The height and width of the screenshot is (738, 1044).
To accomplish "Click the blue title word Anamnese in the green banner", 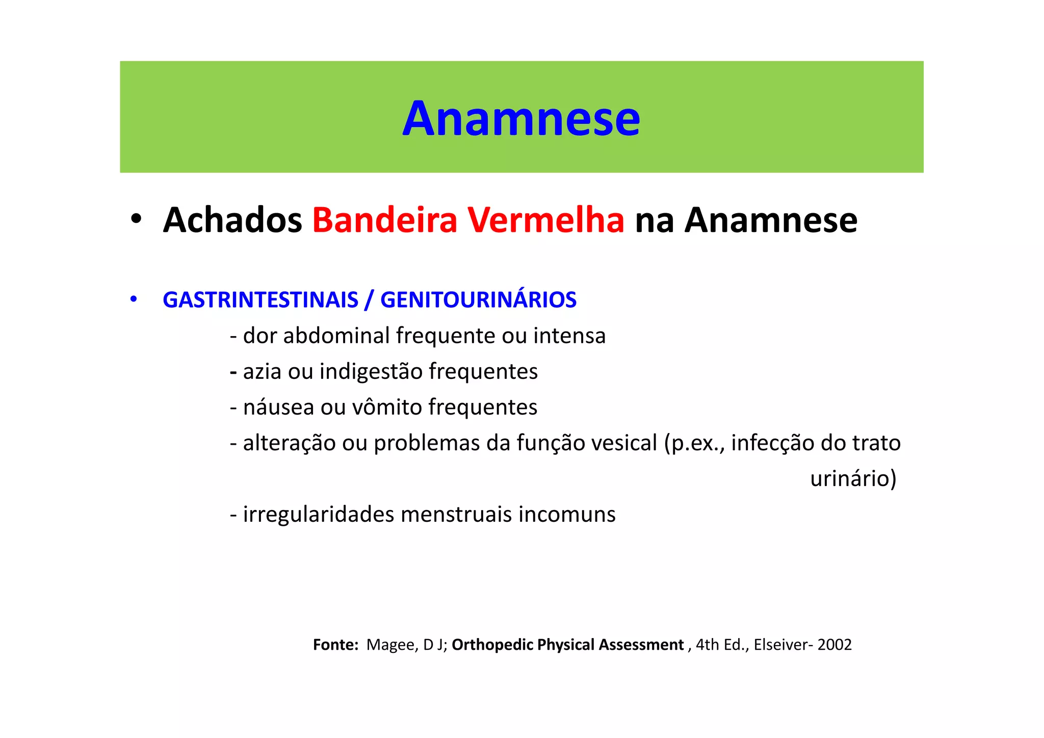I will [x=521, y=119].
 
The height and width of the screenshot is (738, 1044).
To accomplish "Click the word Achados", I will [x=232, y=220].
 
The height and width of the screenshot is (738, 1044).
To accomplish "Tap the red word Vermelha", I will [x=546, y=220].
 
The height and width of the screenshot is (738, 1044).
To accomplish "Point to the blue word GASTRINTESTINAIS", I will [x=260, y=300].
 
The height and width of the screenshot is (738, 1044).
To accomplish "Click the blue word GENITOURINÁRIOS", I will [x=478, y=300].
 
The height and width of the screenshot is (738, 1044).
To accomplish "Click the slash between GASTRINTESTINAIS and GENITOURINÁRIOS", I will [x=369, y=300].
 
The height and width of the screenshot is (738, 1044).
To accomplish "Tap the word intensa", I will [x=569, y=336].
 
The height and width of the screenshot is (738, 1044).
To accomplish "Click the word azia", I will [x=262, y=372].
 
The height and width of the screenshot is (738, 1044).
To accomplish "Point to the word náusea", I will [x=278, y=408].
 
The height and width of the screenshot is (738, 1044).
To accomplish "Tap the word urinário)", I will [x=853, y=479].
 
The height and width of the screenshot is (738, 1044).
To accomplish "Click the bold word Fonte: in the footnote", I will [x=335, y=645].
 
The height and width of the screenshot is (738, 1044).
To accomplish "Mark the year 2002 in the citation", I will [x=834, y=645].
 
